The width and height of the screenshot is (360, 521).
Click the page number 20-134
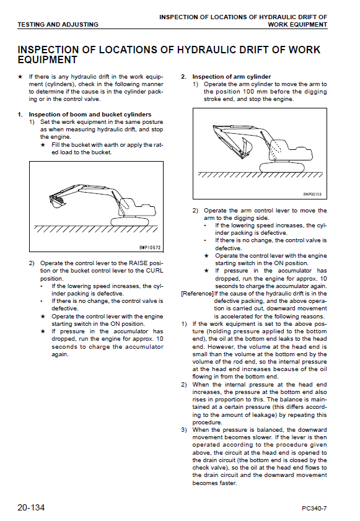point(31,507)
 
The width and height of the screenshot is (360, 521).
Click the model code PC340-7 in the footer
point(314,509)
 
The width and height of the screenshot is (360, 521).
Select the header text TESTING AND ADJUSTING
point(58,24)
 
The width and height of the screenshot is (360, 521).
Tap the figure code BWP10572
point(149,247)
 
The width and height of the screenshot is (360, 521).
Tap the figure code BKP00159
point(312,195)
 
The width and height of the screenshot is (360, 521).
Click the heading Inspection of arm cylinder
point(232,76)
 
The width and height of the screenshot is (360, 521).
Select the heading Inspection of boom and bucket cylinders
point(90,115)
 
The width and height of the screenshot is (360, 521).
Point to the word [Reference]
point(197,294)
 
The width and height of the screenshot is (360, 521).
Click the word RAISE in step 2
point(138,263)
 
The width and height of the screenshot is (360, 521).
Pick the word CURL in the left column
point(154,271)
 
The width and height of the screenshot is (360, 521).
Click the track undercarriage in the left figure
point(130,221)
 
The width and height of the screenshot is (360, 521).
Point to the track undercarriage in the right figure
point(282,167)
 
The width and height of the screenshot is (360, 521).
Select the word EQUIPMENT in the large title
point(48,60)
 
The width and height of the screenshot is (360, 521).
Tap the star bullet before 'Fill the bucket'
point(43,145)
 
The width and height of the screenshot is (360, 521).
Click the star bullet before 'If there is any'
point(20,76)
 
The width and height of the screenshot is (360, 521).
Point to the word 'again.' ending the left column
point(60,354)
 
